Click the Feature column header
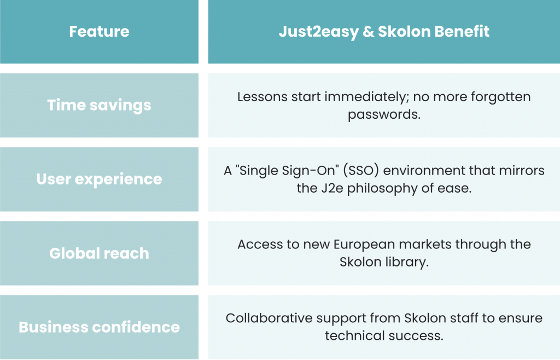coord(100,31)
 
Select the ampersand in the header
coord(368,32)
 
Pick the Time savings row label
coord(100,106)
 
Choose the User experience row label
coord(100,179)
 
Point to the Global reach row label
coord(100,253)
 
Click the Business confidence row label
coord(100,327)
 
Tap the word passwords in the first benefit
coord(384,115)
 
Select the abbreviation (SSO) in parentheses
coord(361,171)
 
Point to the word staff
coord(468,318)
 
